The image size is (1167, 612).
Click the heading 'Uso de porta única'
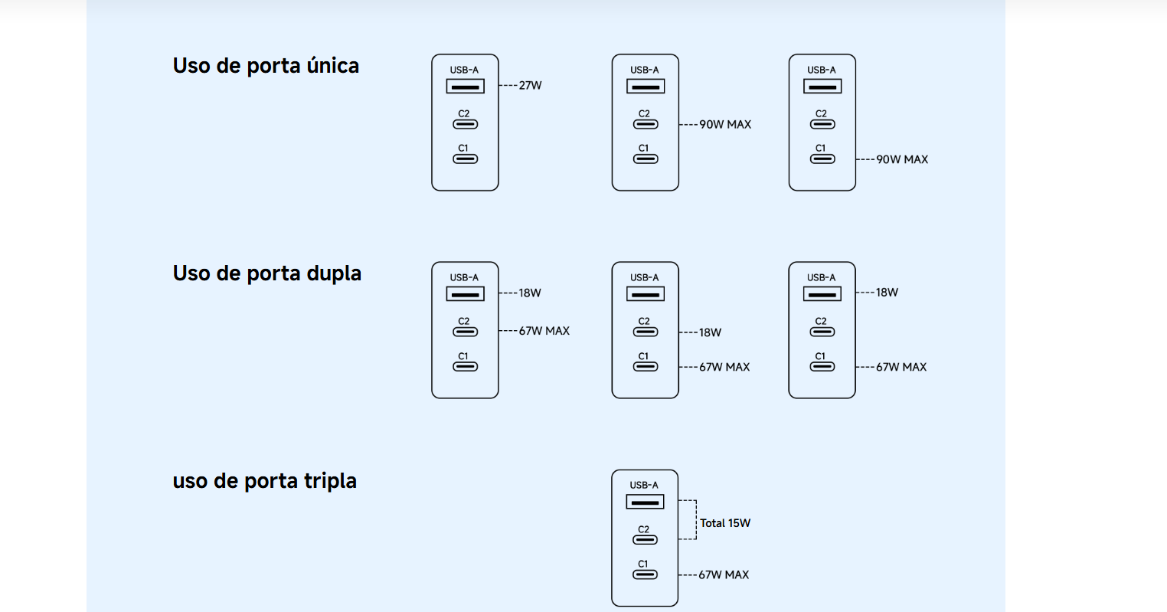tap(266, 66)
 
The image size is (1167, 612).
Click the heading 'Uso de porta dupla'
tap(266, 273)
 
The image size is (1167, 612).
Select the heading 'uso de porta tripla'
tap(265, 481)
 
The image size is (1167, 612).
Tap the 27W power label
tap(531, 86)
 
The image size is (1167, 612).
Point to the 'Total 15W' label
tap(725, 523)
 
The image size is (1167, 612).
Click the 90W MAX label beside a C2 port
tap(725, 125)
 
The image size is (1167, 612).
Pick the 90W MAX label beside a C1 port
tap(902, 159)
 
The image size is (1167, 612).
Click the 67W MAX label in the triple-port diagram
tap(724, 575)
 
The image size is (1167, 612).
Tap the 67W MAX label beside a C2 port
tap(544, 331)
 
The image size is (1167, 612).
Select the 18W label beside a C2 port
tap(710, 332)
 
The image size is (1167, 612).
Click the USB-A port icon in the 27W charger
tap(466, 87)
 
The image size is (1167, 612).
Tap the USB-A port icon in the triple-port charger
tap(645, 502)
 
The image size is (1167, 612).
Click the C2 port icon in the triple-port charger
tap(645, 540)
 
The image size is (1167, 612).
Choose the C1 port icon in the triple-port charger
tap(645, 574)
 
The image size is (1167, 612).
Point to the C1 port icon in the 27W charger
tap(466, 159)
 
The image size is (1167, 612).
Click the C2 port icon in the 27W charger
tap(466, 124)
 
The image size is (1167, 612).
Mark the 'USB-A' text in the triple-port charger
tap(644, 486)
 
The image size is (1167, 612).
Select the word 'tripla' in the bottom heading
tap(330, 481)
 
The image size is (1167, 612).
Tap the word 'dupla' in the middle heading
tap(334, 273)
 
